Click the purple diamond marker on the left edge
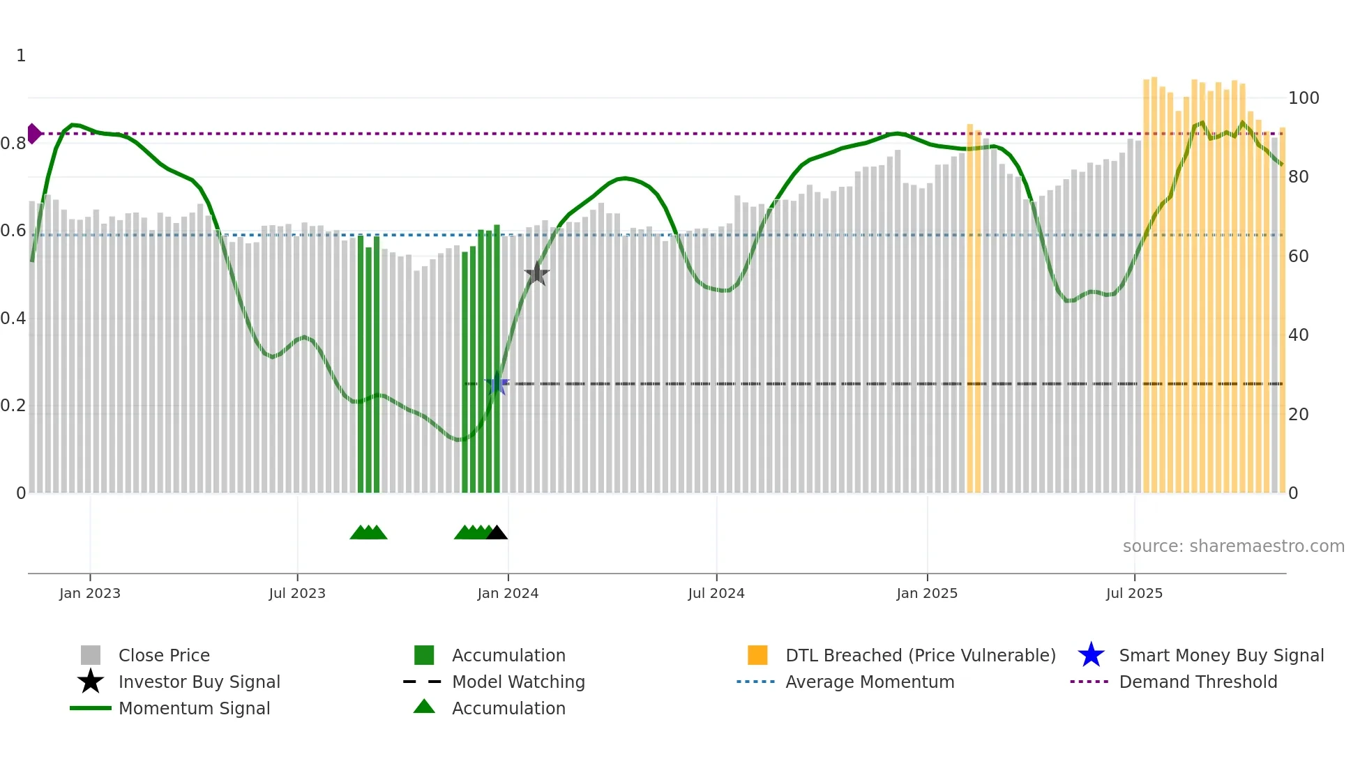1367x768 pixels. point(33,133)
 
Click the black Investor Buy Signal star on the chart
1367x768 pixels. point(536,274)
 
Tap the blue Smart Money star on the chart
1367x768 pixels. point(497,383)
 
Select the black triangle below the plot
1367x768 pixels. point(497,533)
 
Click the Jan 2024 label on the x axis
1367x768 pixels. point(508,593)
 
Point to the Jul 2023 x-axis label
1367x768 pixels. point(297,593)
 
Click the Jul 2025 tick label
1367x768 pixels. point(1134,593)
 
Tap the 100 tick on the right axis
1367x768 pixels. point(1303,98)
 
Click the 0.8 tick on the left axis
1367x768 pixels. point(13,144)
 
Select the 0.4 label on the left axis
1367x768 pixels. point(13,318)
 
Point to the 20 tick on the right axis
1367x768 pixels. point(1298,415)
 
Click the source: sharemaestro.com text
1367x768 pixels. point(1233,546)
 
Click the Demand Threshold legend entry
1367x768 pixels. point(1198,682)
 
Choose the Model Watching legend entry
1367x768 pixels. point(518,682)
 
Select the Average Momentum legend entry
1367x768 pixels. point(869,682)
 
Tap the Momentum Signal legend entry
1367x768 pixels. point(194,708)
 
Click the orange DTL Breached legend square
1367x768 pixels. point(757,655)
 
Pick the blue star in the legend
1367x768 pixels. point(1091,655)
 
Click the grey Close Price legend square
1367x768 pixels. point(91,655)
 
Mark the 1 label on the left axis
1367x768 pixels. point(21,56)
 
